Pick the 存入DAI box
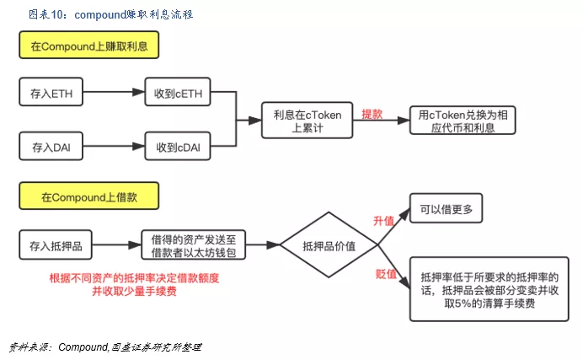pyautogui.click(x=51, y=147)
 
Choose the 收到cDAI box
pyautogui.click(x=177, y=147)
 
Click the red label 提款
pyautogui.click(x=372, y=114)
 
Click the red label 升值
pyautogui.click(x=384, y=221)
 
